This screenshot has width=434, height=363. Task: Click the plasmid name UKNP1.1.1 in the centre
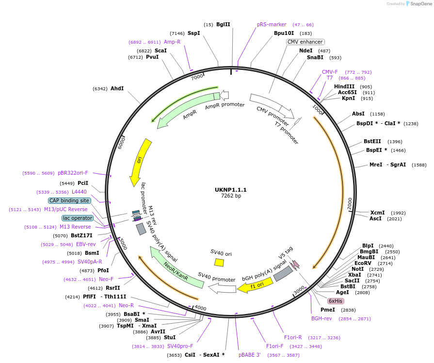tap(231, 189)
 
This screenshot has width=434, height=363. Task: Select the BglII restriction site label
tap(223, 24)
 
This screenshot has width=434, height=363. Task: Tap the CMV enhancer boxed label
tap(305, 42)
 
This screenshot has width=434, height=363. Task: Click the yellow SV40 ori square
tap(219, 262)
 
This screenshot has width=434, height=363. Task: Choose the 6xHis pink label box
tap(336, 301)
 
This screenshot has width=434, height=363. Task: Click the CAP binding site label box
tap(69, 200)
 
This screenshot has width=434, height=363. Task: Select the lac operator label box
tap(78, 218)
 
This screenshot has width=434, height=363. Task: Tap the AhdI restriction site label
tap(117, 89)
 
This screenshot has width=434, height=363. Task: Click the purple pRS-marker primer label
tap(272, 24)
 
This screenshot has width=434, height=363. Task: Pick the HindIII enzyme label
tap(344, 86)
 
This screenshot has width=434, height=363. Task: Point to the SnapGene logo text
tap(420, 4)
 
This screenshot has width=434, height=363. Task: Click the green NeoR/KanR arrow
tap(176, 268)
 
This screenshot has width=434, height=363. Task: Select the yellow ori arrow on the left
tap(140, 163)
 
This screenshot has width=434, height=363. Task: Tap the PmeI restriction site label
tap(328, 310)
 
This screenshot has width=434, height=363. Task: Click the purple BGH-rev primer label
tap(321, 318)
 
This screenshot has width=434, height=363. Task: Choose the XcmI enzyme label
tap(377, 213)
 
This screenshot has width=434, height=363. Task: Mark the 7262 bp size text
tap(231, 196)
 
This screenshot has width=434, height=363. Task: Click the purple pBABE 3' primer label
tap(250, 355)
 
